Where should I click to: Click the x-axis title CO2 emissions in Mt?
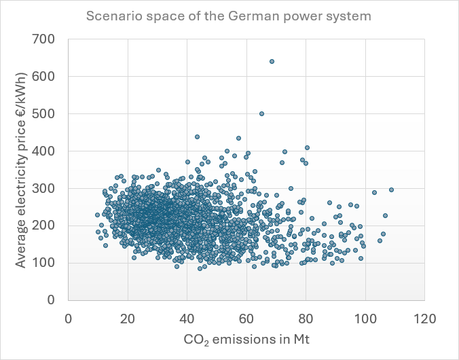click(x=246, y=338)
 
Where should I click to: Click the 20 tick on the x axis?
click(x=128, y=317)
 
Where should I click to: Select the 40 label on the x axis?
click(x=187, y=317)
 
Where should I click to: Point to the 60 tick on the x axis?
click(x=246, y=317)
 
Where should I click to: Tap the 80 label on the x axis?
click(x=306, y=317)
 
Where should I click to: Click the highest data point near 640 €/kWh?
click(x=272, y=62)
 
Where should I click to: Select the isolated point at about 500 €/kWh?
click(x=261, y=113)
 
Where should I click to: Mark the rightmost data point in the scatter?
click(x=391, y=190)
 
